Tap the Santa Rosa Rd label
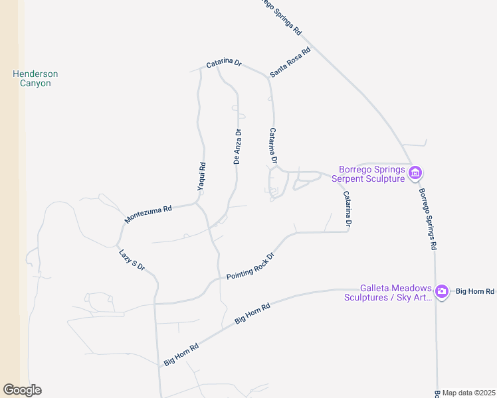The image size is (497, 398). pyautogui.click(x=290, y=62)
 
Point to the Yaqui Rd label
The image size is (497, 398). pyautogui.click(x=201, y=177)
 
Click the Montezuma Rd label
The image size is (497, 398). pyautogui.click(x=148, y=214)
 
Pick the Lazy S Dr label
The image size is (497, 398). pyautogui.click(x=132, y=259)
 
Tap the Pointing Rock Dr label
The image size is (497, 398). pyautogui.click(x=250, y=266)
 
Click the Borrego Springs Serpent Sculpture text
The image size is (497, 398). pyautogui.click(x=371, y=174)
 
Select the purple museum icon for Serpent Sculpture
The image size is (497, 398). pyautogui.click(x=415, y=174)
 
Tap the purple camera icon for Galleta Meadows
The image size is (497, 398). pyautogui.click(x=442, y=291)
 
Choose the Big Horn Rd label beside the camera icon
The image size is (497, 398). pyautogui.click(x=475, y=291)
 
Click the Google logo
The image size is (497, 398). pyautogui.click(x=22, y=390)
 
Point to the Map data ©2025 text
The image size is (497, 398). pyautogui.click(x=468, y=393)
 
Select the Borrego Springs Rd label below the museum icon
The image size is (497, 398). pyautogui.click(x=427, y=219)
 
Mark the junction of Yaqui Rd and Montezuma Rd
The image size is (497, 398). pyautogui.click(x=197, y=204)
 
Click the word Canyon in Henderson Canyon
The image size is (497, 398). pyautogui.click(x=35, y=84)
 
